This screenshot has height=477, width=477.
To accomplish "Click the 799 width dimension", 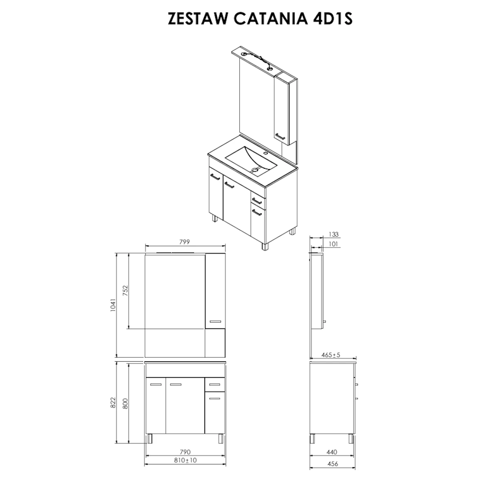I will [185, 242].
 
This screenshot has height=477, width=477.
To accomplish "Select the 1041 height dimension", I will [113, 305].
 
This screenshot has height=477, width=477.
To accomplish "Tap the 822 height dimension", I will [113, 402].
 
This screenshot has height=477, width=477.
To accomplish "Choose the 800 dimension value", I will [126, 403].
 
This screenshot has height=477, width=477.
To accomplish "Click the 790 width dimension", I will [185, 452].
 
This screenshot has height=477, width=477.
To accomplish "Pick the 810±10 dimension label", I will [185, 461].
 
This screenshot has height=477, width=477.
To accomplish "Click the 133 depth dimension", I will [333, 234].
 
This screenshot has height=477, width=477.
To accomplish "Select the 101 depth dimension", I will [333, 244].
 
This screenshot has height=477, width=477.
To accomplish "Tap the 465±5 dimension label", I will [331, 355].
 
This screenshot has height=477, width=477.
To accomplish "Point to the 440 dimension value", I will [332, 452].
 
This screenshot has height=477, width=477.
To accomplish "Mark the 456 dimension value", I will [333, 464].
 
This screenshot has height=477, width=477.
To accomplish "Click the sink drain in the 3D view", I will [255, 169].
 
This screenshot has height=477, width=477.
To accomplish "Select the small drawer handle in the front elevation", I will [214, 385].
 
